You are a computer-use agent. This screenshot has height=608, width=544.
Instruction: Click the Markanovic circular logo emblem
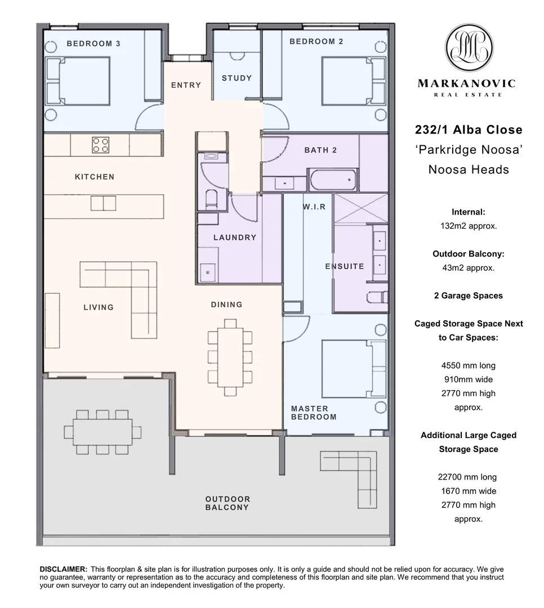tap(469, 47)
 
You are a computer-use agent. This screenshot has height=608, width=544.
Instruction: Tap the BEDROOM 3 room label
tap(93, 43)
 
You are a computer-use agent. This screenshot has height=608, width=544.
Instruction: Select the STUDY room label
tap(237, 78)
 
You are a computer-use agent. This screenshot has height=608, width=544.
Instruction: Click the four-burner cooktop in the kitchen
tap(100, 145)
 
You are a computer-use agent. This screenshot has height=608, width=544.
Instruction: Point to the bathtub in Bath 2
tap(333, 180)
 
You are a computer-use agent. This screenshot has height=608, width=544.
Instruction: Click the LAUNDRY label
tap(235, 238)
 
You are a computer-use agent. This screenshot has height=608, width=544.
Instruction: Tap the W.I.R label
tap(314, 207)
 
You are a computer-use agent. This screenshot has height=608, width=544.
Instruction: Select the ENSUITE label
tap(345, 266)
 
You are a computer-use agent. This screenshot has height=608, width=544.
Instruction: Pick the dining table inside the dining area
tap(230, 356)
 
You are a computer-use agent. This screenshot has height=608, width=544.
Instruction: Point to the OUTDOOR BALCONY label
tap(228, 503)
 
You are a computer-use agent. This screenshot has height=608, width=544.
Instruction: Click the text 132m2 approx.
tap(469, 226)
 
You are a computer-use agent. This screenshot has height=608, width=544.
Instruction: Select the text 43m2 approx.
tap(469, 268)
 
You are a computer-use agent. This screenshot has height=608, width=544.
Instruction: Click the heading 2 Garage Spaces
tap(469, 296)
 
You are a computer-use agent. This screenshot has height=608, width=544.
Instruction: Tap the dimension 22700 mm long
tap(467, 477)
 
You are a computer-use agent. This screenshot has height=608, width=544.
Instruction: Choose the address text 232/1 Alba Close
tap(469, 130)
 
